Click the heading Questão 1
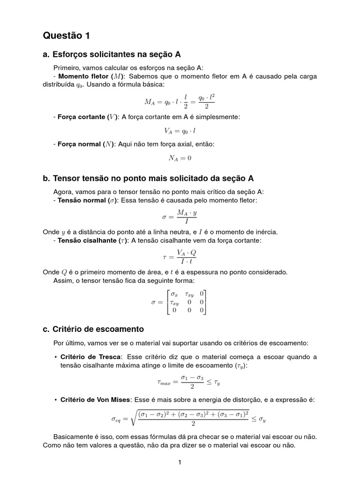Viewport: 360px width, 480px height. coord(66,36)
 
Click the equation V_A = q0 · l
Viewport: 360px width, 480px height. coord(180,132)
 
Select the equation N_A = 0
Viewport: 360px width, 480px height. coord(180,158)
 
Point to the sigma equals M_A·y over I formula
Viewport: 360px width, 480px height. coord(180,217)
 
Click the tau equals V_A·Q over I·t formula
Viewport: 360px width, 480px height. coord(180,257)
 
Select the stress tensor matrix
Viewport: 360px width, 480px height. coord(180,302)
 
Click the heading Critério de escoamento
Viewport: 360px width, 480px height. coord(93,329)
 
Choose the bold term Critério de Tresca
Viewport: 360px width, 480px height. coord(88,357)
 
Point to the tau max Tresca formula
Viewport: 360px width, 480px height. coord(188,382)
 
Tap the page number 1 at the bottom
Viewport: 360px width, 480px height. coord(180,463)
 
